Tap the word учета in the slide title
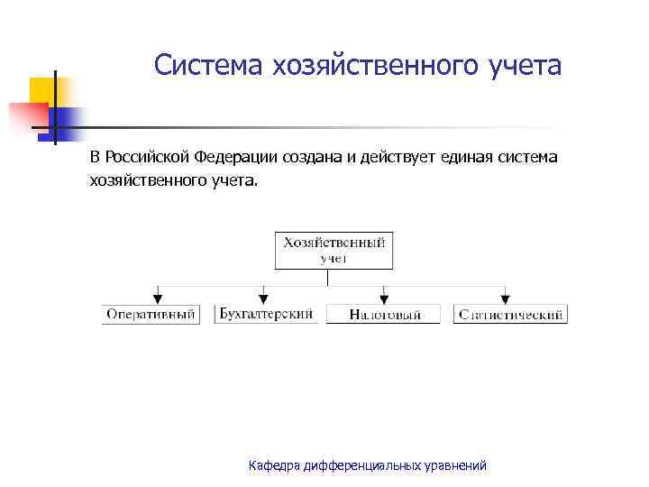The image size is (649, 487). pos(522,65)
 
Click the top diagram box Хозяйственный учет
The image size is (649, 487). pos(334,250)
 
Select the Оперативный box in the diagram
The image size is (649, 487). pos(151,315)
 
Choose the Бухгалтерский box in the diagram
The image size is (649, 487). pos(266,314)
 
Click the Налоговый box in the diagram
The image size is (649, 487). pos(385,315)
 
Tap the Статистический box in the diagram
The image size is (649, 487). pos(511,315)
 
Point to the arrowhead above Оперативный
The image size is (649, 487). pos(159,298)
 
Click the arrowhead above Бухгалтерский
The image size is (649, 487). pos(264,298)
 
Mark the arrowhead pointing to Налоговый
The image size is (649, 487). pos(385,298)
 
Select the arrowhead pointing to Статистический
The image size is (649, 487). pos(505,298)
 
